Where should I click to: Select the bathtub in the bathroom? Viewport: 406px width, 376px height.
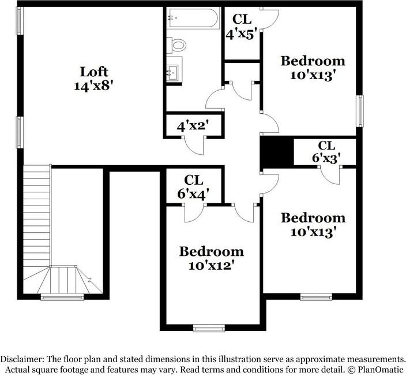tap(193, 18)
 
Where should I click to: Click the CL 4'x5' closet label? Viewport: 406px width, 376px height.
tap(242, 25)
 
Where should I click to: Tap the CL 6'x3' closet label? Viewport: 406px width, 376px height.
tap(326, 151)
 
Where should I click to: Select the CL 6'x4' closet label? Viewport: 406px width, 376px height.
tap(193, 187)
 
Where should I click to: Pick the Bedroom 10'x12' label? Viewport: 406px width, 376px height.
tap(211, 258)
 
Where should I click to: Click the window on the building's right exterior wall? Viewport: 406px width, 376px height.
tap(360, 110)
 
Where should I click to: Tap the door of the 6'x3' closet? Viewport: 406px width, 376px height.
tap(336, 174)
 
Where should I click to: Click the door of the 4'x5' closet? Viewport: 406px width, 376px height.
tap(268, 18)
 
